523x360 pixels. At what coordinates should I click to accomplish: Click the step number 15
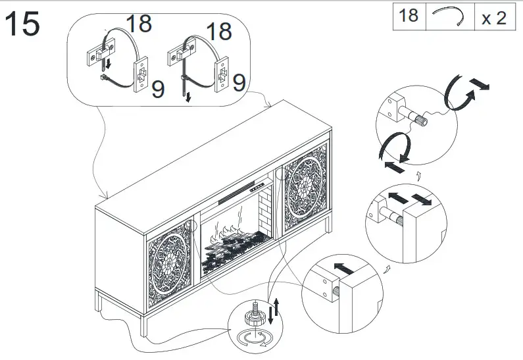click(x=22, y=24)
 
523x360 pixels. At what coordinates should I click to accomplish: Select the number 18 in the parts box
click(x=409, y=16)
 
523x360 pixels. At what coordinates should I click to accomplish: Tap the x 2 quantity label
click(x=493, y=17)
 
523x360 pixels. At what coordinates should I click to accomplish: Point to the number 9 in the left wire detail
click(x=158, y=90)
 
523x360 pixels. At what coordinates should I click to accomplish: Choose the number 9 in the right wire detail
click(x=239, y=82)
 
